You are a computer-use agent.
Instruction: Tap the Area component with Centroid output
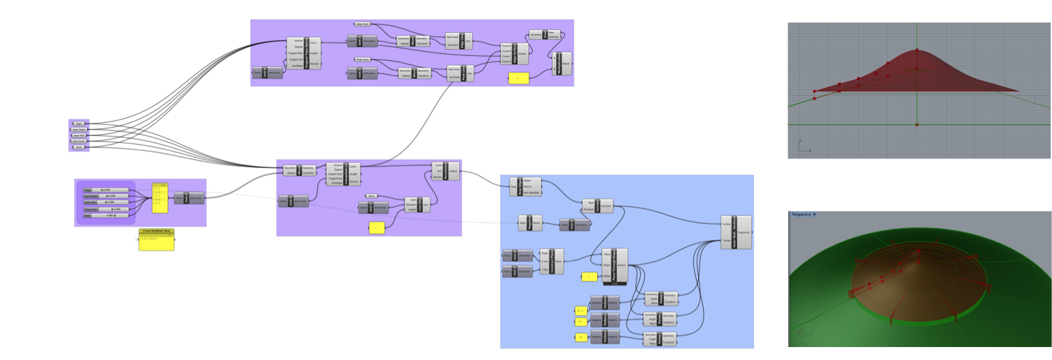544,35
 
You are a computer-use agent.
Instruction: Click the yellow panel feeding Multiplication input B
518,79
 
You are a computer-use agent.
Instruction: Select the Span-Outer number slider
106,196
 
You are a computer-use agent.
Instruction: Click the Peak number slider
106,215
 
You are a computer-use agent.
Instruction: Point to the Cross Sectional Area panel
156,240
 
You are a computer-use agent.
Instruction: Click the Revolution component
445,171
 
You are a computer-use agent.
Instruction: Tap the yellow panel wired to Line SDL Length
377,228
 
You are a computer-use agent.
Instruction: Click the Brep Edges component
525,187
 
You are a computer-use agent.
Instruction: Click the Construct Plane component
552,260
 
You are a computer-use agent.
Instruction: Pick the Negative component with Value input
529,221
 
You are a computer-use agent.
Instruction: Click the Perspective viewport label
802,214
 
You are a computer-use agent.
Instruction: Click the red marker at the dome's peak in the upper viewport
917,50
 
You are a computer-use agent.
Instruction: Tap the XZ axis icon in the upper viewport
802,145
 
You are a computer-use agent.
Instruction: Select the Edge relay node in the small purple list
79,124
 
